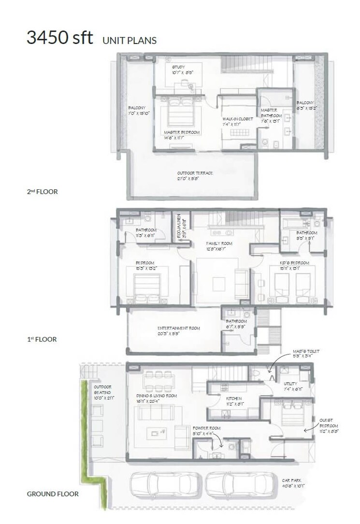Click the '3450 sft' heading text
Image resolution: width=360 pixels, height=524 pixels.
(x=59, y=38)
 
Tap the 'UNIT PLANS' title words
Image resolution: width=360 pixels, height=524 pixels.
(x=130, y=41)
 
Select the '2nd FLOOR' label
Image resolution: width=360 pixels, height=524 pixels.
(x=42, y=192)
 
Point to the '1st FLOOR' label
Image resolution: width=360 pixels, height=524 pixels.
(x=42, y=340)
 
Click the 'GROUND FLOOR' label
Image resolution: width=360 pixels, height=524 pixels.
(x=53, y=494)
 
